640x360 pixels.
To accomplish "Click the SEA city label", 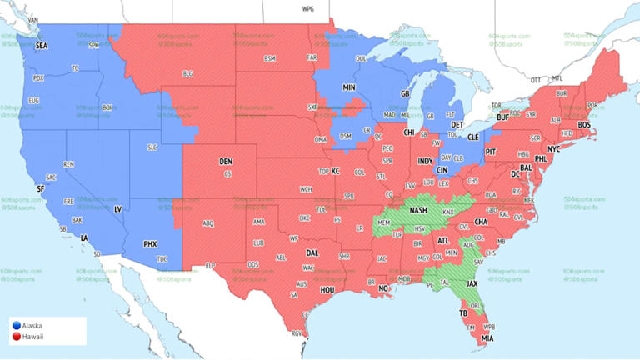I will click(x=42, y=47).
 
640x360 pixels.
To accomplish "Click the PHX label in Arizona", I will click(x=150, y=244).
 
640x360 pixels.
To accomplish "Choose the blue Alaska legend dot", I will click(x=16, y=325).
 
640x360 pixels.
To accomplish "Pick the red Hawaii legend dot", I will click(x=16, y=336).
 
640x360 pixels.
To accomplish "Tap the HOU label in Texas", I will click(x=327, y=289).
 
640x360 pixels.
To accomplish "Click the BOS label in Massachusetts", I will click(x=584, y=125).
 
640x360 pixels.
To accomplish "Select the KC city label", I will click(x=337, y=171).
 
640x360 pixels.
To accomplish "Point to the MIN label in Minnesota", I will click(x=349, y=87).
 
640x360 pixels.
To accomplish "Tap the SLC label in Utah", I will click(x=152, y=147).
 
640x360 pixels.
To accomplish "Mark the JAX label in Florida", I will click(x=472, y=283).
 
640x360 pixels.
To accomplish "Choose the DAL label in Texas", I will click(x=312, y=252).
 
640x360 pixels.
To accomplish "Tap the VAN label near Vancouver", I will click(x=33, y=17).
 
